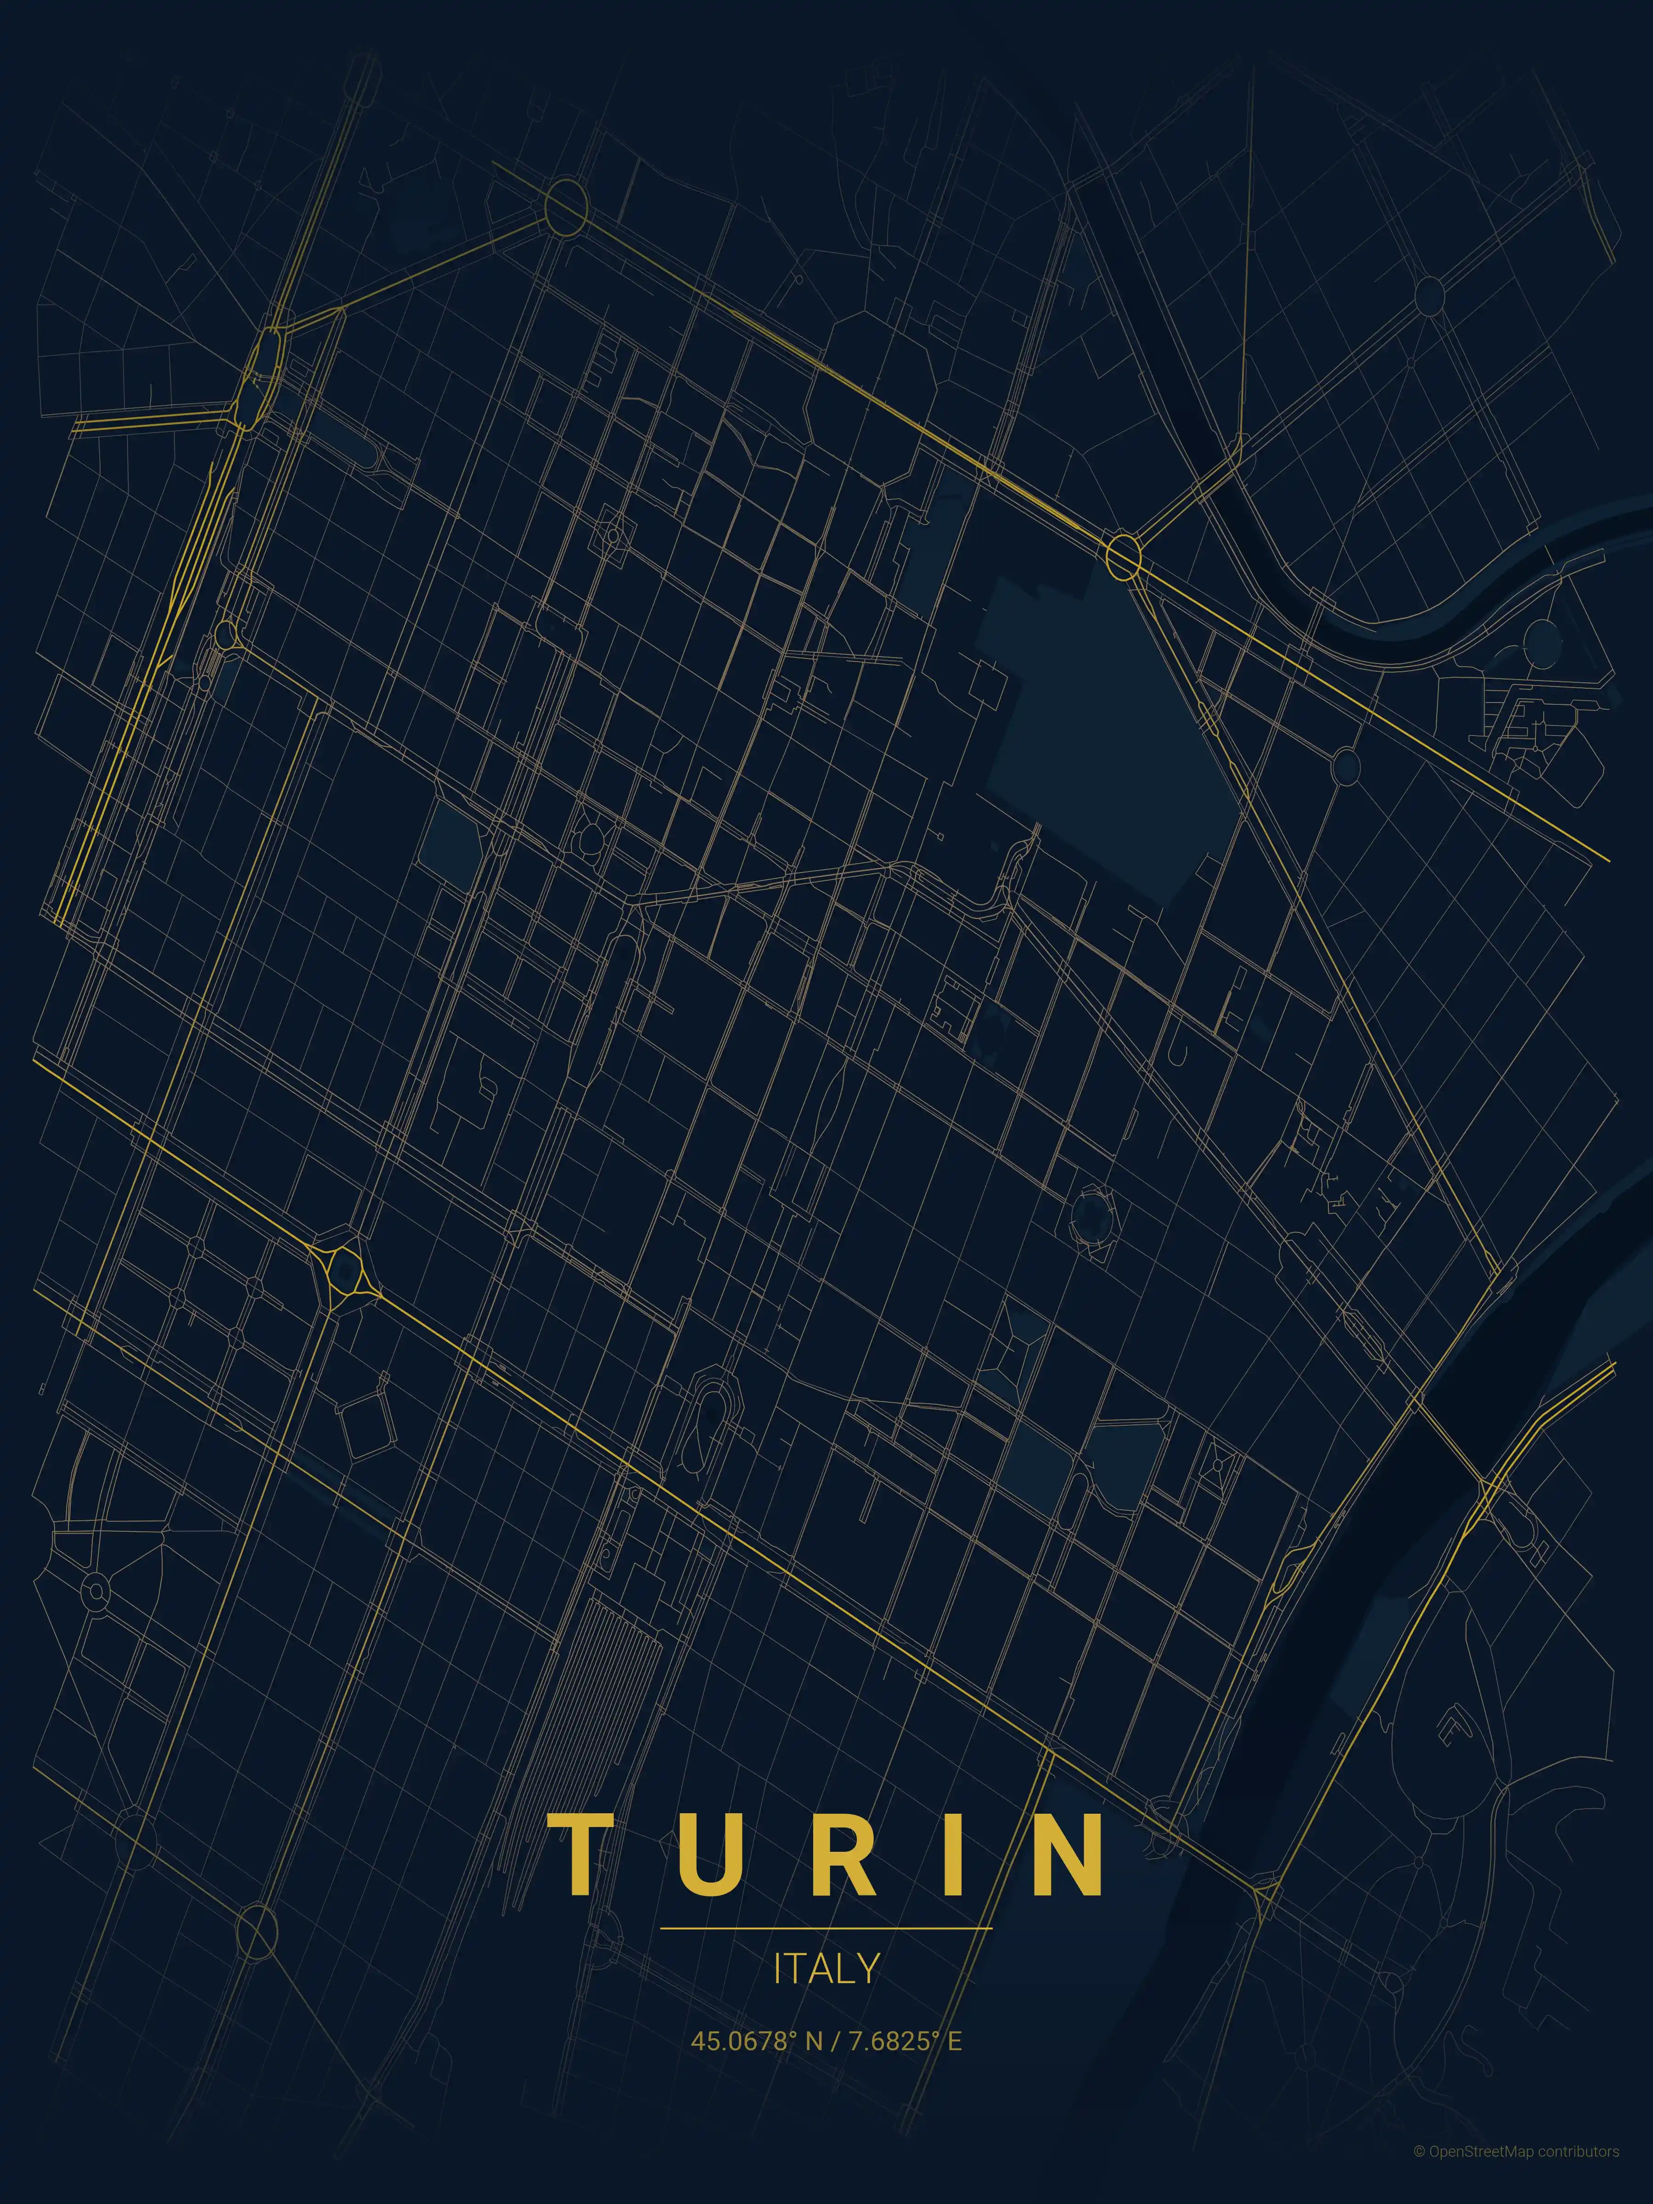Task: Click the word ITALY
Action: [826, 1968]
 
